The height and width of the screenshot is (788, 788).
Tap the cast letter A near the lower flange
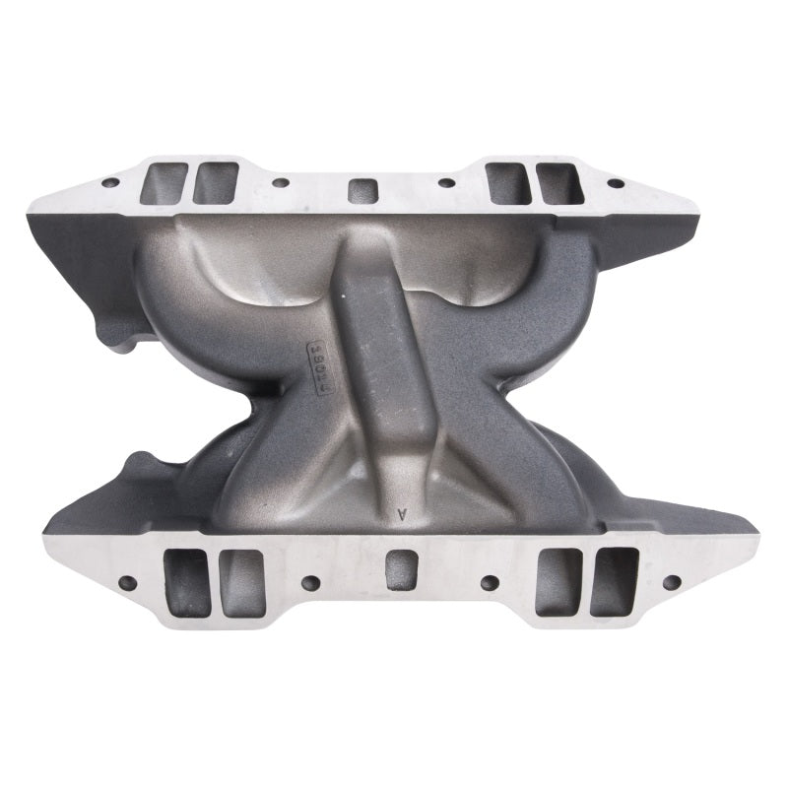point(402,513)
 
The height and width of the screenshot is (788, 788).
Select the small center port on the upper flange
point(363,188)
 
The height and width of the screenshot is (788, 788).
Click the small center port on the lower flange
point(401,569)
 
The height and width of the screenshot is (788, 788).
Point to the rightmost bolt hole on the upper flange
point(616,183)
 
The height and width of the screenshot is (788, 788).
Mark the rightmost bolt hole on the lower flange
point(671,582)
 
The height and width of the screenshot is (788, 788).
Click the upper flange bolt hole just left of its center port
point(281,182)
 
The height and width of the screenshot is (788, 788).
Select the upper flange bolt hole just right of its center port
point(447,182)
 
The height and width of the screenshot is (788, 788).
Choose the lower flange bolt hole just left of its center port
point(309,582)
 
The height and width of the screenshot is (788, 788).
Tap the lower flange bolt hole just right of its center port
point(489,582)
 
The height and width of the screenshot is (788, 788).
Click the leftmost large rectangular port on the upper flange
point(164,182)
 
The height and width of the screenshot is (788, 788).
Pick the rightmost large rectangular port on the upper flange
point(558,183)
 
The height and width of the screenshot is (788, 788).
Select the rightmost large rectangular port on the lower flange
point(615,581)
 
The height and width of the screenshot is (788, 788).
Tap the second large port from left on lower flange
point(242,582)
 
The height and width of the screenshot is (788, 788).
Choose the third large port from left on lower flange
point(558,581)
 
